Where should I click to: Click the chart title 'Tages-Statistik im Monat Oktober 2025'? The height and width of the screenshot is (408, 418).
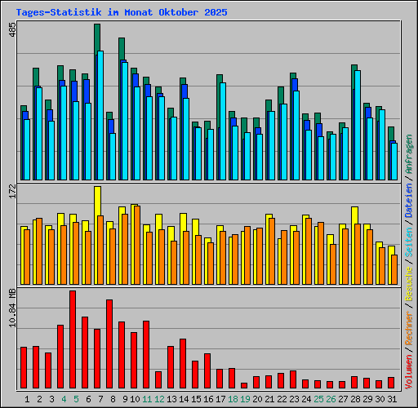(x=122, y=13)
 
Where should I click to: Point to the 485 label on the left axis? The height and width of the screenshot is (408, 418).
(x=11, y=32)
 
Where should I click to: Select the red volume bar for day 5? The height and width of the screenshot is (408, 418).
(x=73, y=339)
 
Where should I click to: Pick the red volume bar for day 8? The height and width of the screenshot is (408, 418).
(x=109, y=344)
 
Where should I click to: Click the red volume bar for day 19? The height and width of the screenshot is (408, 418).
(x=244, y=385)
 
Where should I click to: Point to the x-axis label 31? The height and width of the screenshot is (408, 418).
(x=391, y=399)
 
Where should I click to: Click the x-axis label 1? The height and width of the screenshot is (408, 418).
(x=28, y=399)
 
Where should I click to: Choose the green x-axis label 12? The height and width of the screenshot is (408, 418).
(x=159, y=399)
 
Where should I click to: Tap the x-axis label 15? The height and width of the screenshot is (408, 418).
(x=196, y=399)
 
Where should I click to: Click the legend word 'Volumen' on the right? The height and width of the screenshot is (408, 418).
(x=409, y=366)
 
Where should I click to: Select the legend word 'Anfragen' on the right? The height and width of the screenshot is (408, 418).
(x=409, y=158)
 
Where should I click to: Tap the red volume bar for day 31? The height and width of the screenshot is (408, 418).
(x=391, y=383)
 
